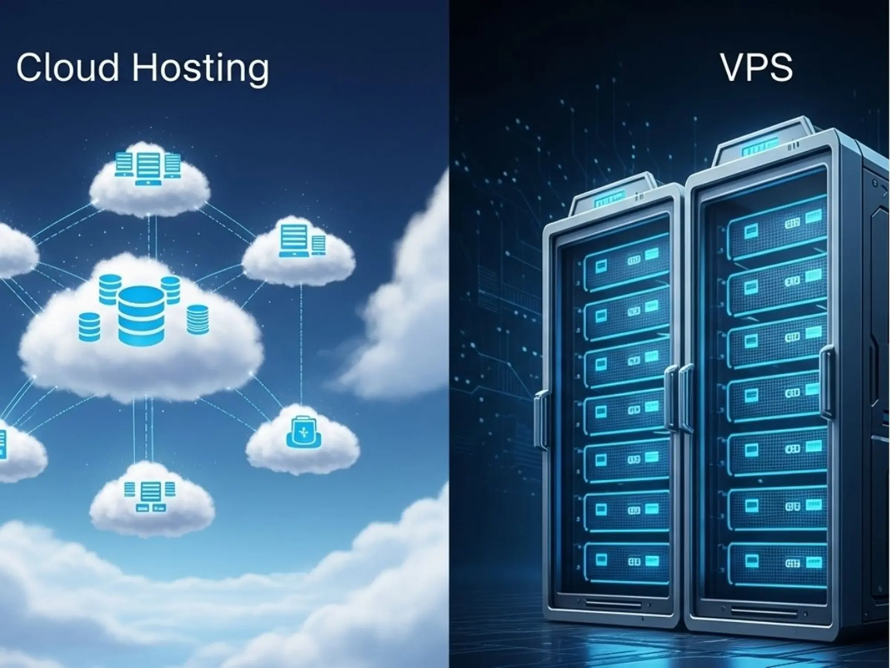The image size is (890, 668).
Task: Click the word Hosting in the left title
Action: coord(200,69)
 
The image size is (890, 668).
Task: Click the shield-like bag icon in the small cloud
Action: coord(303,432)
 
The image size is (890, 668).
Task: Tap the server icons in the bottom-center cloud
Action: coord(150,496)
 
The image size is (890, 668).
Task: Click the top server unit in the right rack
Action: coord(777,227)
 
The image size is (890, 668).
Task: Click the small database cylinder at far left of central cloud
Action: coord(89,327)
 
